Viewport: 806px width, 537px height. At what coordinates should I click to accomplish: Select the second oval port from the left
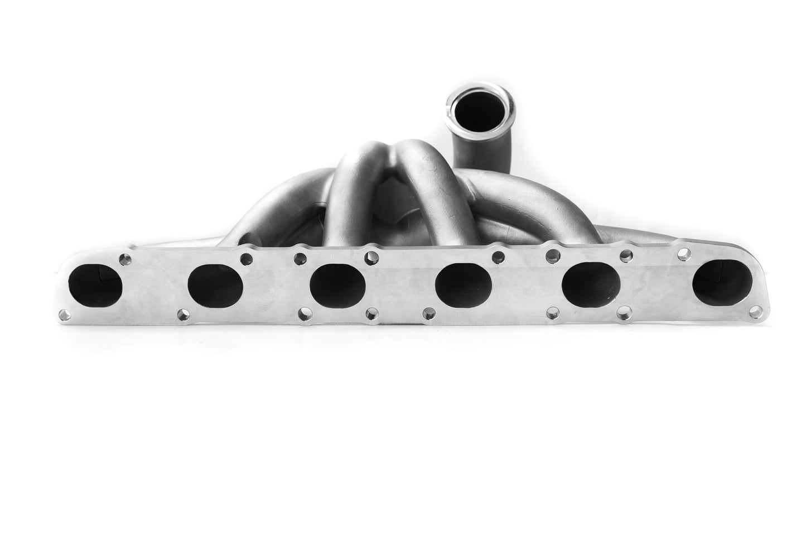215,284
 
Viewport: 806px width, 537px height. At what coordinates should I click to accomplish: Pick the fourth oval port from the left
464,285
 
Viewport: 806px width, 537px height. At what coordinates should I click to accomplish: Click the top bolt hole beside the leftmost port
126,258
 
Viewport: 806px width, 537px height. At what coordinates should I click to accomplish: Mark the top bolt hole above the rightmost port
682,254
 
